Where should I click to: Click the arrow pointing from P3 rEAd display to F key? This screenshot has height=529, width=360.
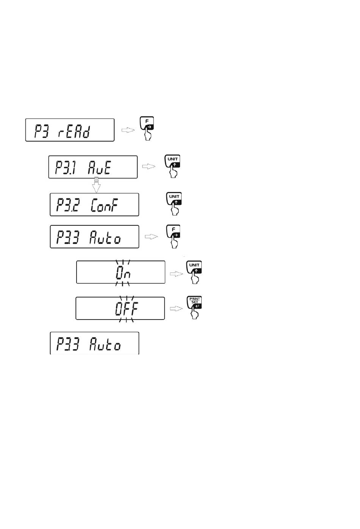pyautogui.click(x=128, y=130)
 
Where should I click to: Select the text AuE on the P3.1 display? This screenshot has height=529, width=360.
pyautogui.click(x=100, y=167)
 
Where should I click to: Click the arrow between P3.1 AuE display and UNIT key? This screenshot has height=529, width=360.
pyautogui.click(x=149, y=166)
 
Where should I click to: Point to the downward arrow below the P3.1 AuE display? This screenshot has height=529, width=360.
pyautogui.click(x=97, y=184)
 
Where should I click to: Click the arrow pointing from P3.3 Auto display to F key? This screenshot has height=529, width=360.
pyautogui.click(x=152, y=237)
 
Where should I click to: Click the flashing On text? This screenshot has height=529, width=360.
pyautogui.click(x=123, y=272)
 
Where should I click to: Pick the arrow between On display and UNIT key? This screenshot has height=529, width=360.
pyautogui.click(x=176, y=274)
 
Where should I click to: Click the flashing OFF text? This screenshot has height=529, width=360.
pyautogui.click(x=127, y=309)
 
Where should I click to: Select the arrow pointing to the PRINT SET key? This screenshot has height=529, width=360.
pyautogui.click(x=176, y=309)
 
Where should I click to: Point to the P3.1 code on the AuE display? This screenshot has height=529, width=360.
pyautogui.click(x=66, y=167)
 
